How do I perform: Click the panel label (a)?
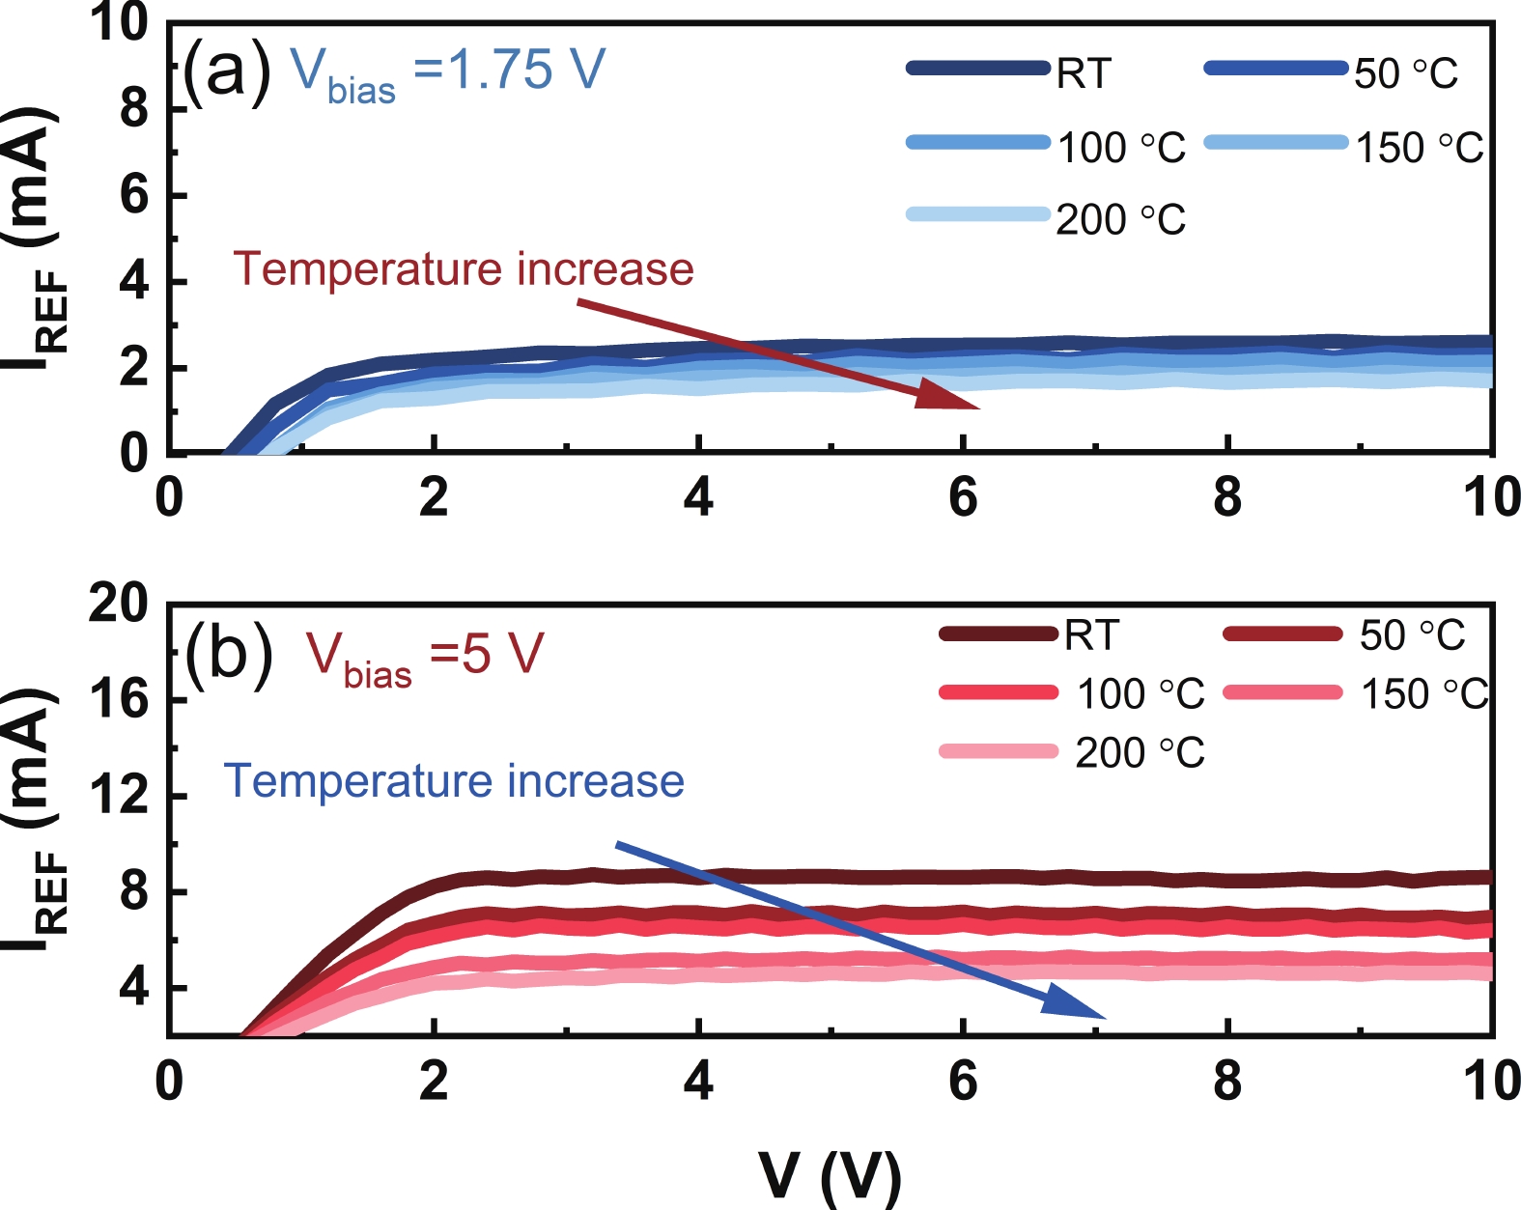pos(228,70)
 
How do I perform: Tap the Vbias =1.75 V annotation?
pos(448,72)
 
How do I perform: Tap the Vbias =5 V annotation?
pos(425,658)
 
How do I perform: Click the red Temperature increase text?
pos(464,269)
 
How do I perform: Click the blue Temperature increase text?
pos(454,781)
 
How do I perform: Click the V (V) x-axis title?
pos(830,1175)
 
